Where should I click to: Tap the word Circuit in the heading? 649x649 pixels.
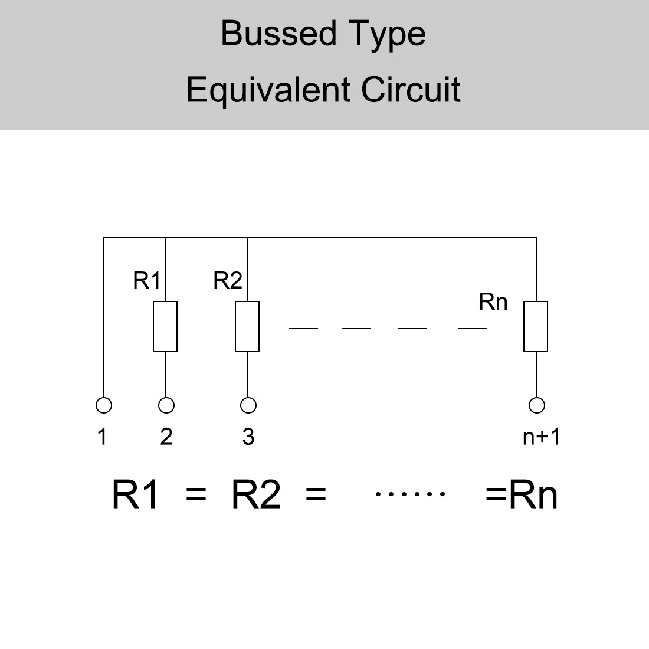[411, 90]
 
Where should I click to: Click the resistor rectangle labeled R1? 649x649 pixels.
[165, 326]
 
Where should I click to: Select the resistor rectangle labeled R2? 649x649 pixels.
[247, 326]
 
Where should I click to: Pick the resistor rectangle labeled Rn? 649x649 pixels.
[536, 326]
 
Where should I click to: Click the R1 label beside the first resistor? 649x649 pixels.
[146, 281]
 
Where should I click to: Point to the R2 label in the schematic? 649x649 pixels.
[228, 281]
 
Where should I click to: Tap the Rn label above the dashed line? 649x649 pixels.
[493, 302]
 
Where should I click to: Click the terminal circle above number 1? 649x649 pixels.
[103, 405]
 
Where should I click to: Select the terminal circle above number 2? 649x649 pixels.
[166, 405]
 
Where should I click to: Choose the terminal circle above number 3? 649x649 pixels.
[248, 405]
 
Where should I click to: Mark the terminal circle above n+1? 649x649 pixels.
[537, 405]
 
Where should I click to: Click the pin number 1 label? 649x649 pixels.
[103, 437]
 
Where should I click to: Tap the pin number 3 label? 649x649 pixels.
[248, 437]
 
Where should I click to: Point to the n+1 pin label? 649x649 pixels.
[541, 437]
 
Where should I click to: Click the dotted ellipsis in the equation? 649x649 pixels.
[410, 494]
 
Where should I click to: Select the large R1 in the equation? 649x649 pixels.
[136, 494]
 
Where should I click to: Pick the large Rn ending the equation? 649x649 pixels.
[532, 494]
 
